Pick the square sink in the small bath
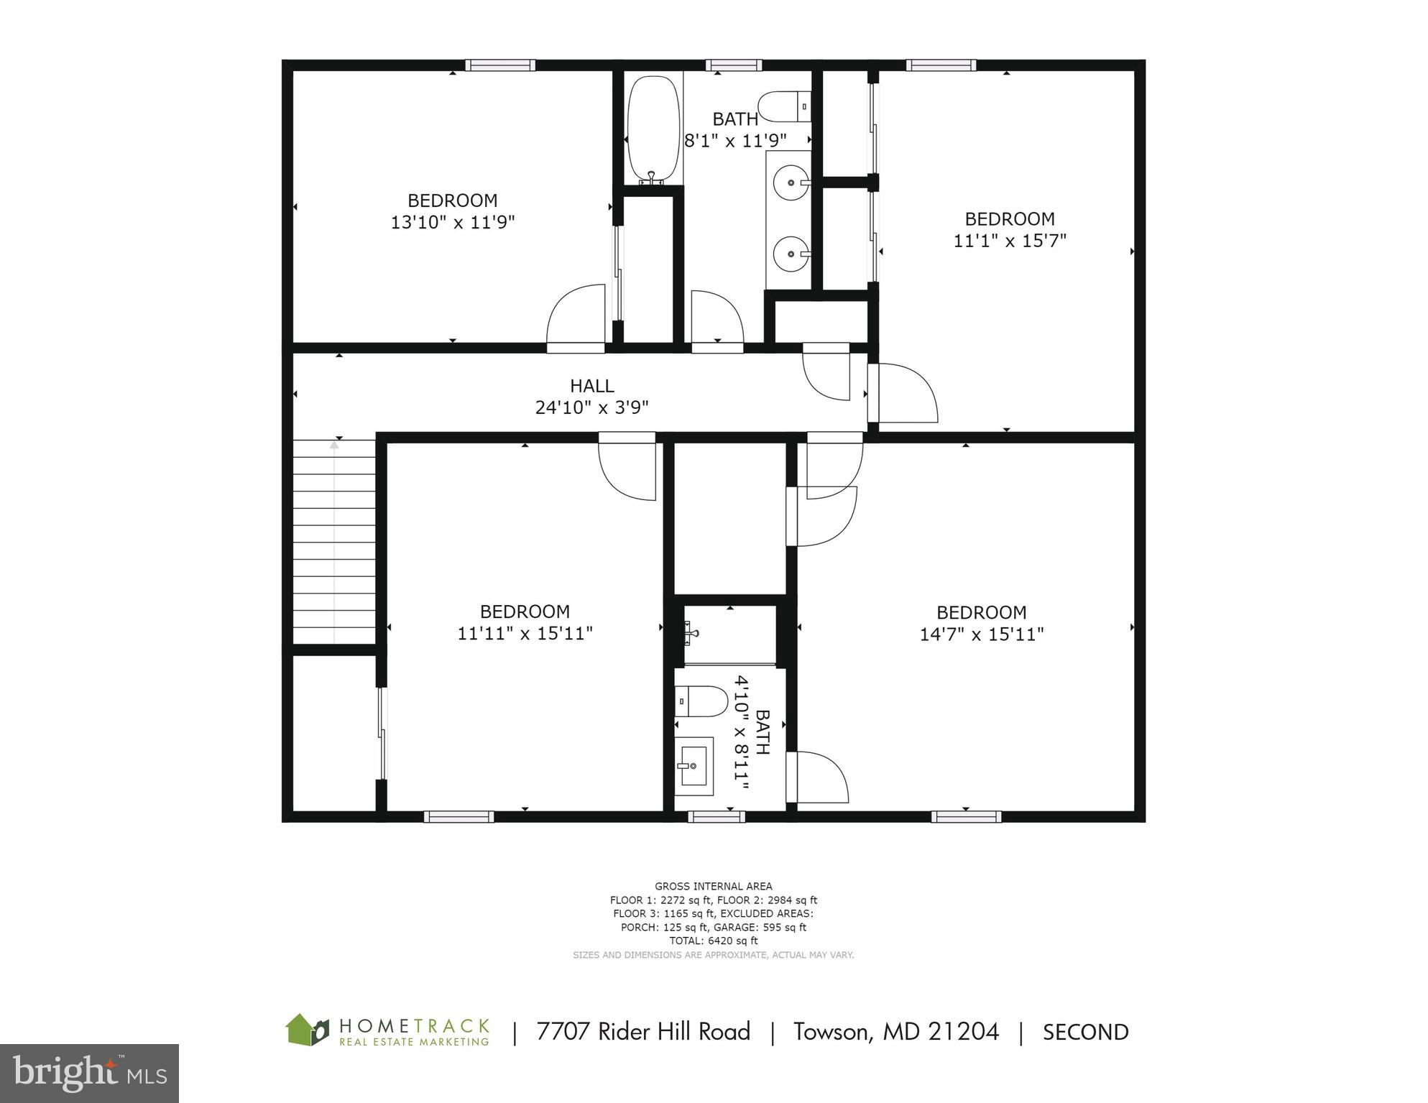point(694,767)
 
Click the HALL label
point(591,386)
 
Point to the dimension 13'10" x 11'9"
point(452,222)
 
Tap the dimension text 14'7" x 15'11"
point(981,634)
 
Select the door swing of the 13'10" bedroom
point(576,316)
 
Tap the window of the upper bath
point(733,65)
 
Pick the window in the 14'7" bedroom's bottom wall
point(966,816)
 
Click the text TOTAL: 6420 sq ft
point(713,941)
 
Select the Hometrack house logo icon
point(308,1030)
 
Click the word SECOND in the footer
point(1085,1033)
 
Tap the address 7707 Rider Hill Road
point(642,1032)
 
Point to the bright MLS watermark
point(89,1074)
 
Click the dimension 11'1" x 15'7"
point(1009,241)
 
